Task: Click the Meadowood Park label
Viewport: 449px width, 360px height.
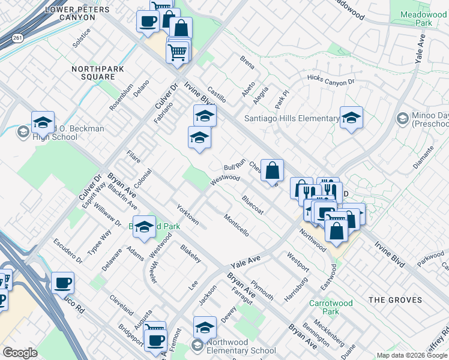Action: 423,17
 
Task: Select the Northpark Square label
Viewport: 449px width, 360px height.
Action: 93,73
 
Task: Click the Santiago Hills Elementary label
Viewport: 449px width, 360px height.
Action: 292,118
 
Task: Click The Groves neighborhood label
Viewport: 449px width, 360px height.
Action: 396,299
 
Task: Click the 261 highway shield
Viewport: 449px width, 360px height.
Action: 17,38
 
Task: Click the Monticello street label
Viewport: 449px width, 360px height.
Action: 236,225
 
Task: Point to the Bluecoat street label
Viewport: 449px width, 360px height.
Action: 252,204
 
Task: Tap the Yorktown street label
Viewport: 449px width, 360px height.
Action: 188,214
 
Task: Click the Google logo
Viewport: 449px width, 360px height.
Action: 20,353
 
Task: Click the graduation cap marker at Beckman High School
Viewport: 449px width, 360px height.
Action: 43,122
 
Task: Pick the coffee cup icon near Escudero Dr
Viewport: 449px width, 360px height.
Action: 62,283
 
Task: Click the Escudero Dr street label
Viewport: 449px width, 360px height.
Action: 68,253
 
